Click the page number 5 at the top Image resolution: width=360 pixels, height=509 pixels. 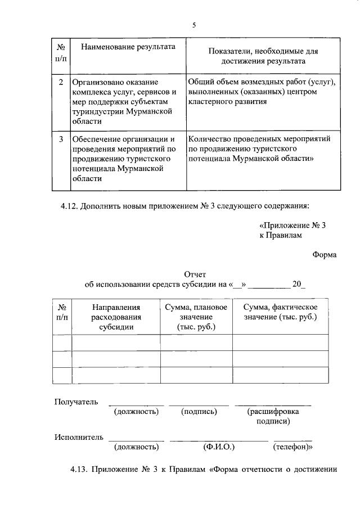coord(194,25)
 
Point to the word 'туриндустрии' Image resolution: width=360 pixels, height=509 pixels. coord(97,111)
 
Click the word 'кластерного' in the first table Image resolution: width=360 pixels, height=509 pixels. coord(210,102)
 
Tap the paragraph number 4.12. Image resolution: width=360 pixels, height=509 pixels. coord(71,206)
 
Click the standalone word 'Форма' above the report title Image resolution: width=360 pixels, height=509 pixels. coord(325,255)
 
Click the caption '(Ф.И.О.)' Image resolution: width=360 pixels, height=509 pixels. coord(218,447)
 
